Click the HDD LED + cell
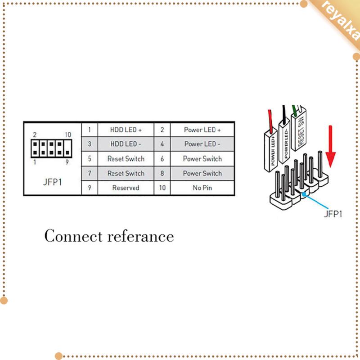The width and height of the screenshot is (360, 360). [126, 130]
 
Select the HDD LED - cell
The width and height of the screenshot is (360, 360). [126, 144]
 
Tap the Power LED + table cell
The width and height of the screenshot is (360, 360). [202, 130]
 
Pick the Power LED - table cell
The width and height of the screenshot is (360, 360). [202, 144]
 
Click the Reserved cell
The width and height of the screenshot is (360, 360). [126, 188]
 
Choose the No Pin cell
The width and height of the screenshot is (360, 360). [202, 188]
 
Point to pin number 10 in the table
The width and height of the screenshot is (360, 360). [162, 188]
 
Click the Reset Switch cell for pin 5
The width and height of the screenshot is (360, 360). [126, 159]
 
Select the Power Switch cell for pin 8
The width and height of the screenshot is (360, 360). [202, 173]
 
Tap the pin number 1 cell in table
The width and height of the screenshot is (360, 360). [90, 130]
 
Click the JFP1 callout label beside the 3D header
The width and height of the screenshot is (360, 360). [333, 214]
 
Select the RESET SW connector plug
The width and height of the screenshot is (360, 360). [300, 130]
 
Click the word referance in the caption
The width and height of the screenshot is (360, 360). [140, 236]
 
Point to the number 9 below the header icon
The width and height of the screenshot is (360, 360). [67, 162]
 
